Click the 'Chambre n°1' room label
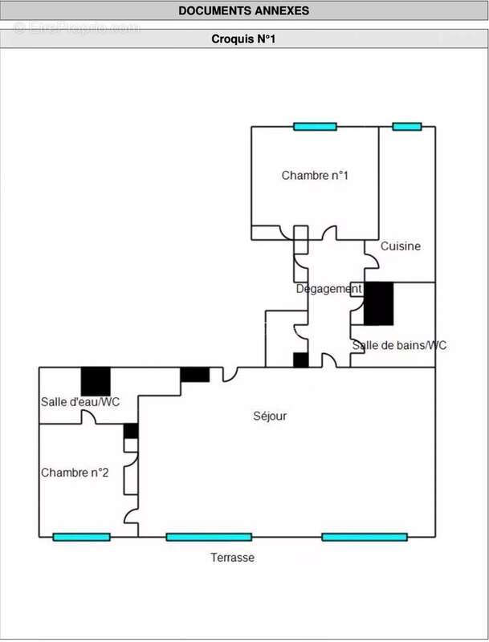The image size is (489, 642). (x=315, y=176)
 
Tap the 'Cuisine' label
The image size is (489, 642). (x=401, y=246)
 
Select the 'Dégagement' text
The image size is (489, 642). (x=328, y=289)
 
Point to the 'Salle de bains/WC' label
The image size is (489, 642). (x=399, y=345)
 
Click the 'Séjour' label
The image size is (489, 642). (x=270, y=416)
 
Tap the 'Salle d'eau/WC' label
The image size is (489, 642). (x=80, y=401)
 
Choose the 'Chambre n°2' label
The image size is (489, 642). (x=75, y=473)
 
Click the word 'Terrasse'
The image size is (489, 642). (x=232, y=557)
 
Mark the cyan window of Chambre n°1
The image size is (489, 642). (x=314, y=127)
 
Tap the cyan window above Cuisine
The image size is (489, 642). (x=406, y=127)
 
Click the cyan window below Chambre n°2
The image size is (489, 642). (x=81, y=537)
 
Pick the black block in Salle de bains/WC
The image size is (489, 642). (x=379, y=303)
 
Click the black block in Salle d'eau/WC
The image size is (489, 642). (x=96, y=380)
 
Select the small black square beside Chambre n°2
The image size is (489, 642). (x=131, y=430)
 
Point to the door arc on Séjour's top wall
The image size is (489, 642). (x=230, y=373)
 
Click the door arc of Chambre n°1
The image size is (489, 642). (x=330, y=233)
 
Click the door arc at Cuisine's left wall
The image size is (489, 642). (x=372, y=259)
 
